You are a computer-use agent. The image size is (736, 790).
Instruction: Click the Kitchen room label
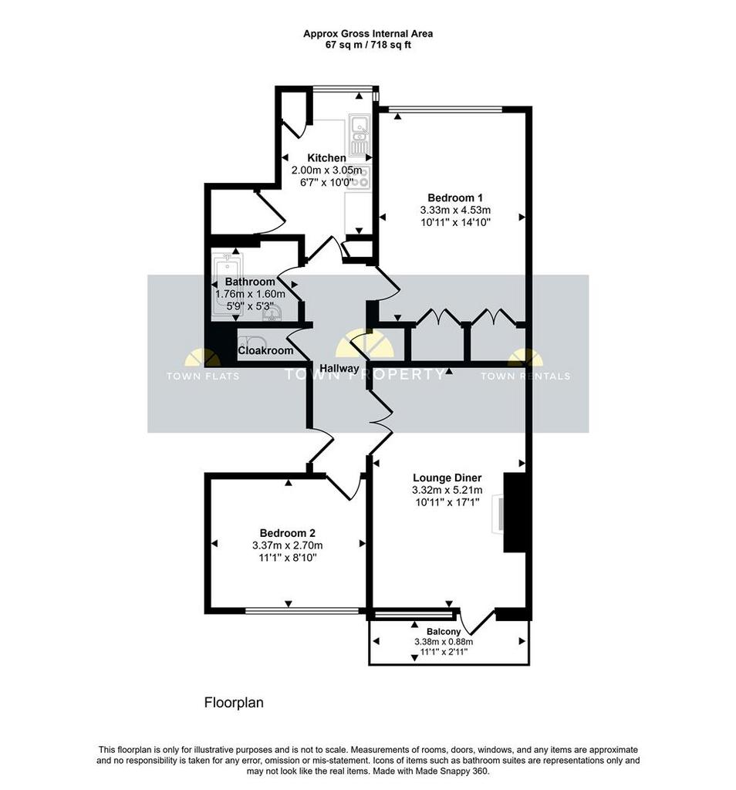tap(326, 157)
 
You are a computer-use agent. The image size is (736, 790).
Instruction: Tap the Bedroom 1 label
tap(455, 197)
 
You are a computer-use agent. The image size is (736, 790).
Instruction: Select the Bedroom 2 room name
tap(288, 532)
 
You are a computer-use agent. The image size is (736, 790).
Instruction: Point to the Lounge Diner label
tap(447, 478)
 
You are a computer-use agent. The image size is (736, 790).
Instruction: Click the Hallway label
tap(339, 368)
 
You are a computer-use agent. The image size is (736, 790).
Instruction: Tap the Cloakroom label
tap(265, 351)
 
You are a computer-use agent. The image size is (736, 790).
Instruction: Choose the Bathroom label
tap(250, 282)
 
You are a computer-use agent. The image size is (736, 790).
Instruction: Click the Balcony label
tap(444, 631)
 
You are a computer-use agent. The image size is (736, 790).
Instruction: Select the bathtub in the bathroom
tap(227, 285)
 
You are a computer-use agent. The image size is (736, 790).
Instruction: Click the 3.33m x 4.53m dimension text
tap(455, 210)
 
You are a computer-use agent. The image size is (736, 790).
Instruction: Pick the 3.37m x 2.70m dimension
tap(288, 545)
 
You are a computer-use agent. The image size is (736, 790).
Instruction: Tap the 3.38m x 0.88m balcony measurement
tap(444, 642)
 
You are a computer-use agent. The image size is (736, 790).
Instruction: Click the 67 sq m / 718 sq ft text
tap(368, 45)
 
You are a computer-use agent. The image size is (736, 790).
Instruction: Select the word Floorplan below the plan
tap(234, 702)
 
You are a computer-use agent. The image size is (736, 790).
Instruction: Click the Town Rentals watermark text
tap(525, 376)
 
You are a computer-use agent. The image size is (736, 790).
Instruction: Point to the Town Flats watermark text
tap(202, 376)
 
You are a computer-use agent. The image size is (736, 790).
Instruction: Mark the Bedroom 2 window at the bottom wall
tap(303, 611)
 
